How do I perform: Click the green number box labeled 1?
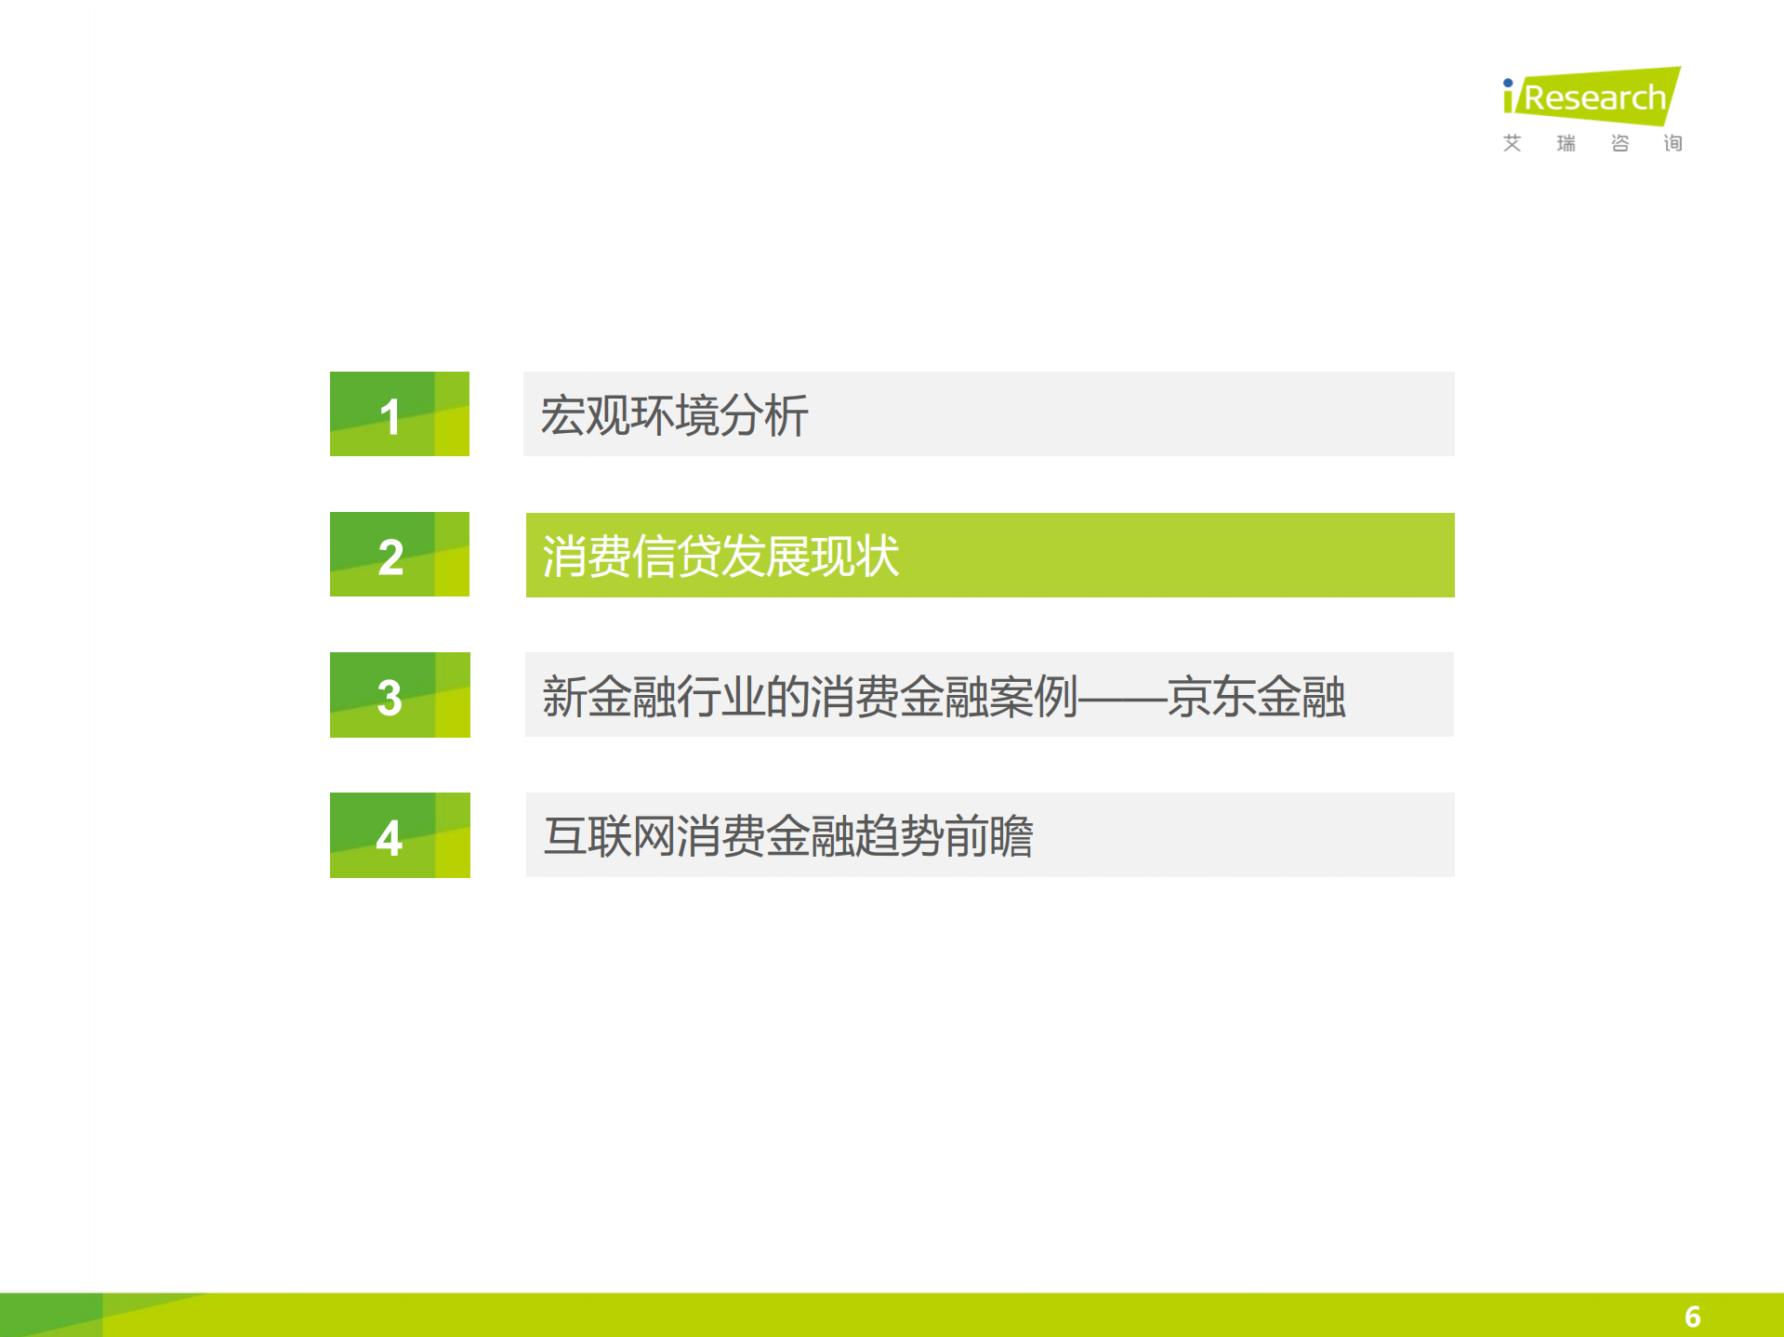(399, 414)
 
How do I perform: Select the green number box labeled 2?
(399, 555)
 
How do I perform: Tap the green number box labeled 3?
(399, 695)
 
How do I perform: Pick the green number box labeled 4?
(399, 835)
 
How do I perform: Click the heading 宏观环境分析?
(674, 415)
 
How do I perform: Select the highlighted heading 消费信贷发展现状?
(720, 557)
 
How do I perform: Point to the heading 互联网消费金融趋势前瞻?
(788, 836)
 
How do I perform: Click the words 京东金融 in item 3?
(1256, 697)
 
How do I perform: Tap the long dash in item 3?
(1122, 697)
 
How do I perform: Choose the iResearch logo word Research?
(1595, 98)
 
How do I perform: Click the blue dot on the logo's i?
(1508, 84)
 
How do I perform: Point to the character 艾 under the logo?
(1513, 143)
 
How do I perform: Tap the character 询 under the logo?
(1673, 143)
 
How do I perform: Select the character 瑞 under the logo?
(1566, 143)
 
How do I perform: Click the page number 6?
(1692, 1317)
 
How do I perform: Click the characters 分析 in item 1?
(763, 415)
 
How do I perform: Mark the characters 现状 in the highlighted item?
(854, 557)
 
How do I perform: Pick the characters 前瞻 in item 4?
(989, 836)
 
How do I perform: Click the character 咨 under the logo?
(1620, 143)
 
